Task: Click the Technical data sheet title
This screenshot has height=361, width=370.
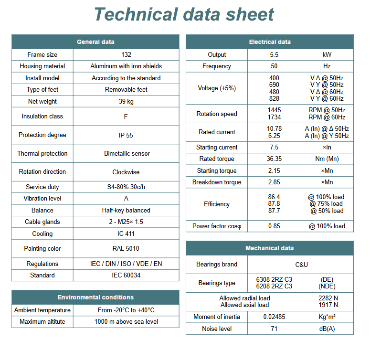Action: tap(184, 14)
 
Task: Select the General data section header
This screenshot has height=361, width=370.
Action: tap(95, 42)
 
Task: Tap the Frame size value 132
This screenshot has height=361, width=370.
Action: tap(126, 55)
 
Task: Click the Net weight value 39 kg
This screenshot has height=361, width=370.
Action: tap(126, 101)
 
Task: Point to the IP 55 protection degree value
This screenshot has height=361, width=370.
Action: tap(126, 135)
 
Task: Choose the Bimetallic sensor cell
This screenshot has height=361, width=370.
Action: tap(127, 154)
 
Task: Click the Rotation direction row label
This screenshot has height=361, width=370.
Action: tap(42, 172)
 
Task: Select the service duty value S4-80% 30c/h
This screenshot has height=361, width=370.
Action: tap(126, 187)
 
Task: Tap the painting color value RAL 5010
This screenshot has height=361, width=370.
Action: tap(126, 249)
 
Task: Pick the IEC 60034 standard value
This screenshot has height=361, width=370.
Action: tap(126, 276)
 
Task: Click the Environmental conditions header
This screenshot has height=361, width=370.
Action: tap(95, 297)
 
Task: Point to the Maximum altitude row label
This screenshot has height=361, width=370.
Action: tap(42, 322)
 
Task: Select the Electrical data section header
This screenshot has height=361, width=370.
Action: tap(270, 42)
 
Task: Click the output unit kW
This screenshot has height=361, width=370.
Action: tap(327, 55)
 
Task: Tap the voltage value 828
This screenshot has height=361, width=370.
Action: tap(274, 99)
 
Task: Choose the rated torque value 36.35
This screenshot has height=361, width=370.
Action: tap(274, 159)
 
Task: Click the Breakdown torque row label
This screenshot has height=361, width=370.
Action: tap(217, 182)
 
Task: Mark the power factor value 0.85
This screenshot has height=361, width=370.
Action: tap(274, 226)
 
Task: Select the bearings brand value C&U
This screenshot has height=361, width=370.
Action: tap(301, 265)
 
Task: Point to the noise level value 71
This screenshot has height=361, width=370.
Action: tap(274, 329)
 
